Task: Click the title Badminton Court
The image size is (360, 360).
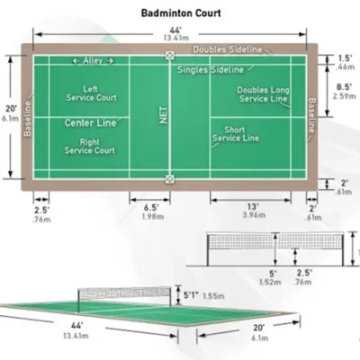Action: (181, 13)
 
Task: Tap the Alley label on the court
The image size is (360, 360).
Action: (93, 60)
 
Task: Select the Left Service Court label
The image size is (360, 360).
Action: (91, 94)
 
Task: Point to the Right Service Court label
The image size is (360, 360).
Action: (90, 146)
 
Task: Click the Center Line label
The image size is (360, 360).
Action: (90, 122)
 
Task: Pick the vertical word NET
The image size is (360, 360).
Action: (164, 115)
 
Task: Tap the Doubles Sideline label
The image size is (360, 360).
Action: (228, 49)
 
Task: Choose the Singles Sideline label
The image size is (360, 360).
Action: (211, 70)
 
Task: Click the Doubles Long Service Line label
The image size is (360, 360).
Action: (264, 94)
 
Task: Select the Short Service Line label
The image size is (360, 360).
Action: (236, 134)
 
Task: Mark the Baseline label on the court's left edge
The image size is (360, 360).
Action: (28, 119)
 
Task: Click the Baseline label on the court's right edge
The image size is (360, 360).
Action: (312, 115)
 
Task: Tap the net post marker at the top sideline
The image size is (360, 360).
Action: (170, 55)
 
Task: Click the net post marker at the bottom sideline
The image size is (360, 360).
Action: (170, 179)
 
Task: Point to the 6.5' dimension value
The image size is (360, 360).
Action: (151, 207)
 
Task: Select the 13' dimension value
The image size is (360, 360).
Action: (253, 206)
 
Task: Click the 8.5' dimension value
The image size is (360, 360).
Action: (344, 87)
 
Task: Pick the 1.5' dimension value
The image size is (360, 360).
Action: (346, 58)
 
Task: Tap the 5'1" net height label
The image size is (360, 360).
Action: (191, 295)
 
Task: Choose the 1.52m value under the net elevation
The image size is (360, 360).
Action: (270, 283)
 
